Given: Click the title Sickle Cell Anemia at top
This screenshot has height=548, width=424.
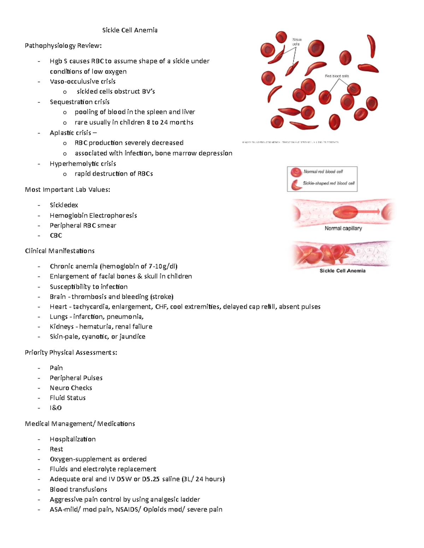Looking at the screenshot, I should click(x=130, y=30).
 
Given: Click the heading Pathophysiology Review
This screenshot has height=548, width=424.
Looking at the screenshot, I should click(x=63, y=46).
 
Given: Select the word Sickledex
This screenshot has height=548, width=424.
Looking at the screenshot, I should click(x=64, y=205).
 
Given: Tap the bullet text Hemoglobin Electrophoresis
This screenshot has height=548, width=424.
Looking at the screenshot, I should click(x=93, y=215).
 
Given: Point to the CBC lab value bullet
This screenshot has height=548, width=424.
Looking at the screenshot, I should click(x=56, y=235).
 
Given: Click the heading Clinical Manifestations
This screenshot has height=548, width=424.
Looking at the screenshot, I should click(x=60, y=251).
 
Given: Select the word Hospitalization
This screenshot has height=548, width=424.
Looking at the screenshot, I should click(x=73, y=439).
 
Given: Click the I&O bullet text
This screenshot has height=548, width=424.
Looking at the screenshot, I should click(x=56, y=408).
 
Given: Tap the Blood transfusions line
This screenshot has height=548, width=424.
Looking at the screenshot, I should click(x=78, y=489).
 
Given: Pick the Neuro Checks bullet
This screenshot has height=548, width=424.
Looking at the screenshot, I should click(x=71, y=388).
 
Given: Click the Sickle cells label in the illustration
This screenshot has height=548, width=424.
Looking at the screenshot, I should click(x=297, y=42).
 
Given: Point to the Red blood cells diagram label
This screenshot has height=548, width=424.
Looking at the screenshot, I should click(x=337, y=76).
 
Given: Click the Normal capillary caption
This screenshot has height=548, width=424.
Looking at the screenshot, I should click(x=343, y=228).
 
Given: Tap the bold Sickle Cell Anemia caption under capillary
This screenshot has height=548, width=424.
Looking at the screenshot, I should click(x=342, y=271).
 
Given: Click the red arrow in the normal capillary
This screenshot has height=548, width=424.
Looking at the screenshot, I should click(x=367, y=211).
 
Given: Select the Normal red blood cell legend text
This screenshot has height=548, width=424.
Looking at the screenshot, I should click(x=323, y=172).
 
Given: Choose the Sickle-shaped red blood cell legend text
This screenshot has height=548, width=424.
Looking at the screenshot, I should click(x=329, y=183).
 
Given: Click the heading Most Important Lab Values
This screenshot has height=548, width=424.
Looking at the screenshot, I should click(x=67, y=190).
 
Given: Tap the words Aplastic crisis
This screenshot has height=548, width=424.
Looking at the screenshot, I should click(x=71, y=133).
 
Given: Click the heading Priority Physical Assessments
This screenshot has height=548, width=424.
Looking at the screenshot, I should click(x=71, y=353).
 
